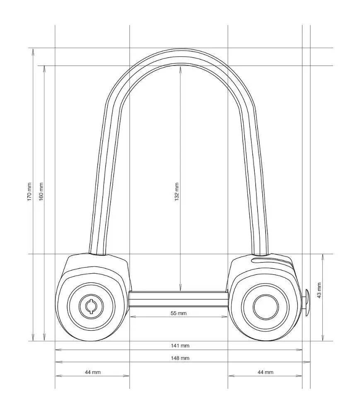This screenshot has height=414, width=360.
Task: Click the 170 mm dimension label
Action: tap(29, 192)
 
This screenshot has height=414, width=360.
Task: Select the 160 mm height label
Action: tap(41, 192)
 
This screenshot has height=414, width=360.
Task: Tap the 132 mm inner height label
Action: tap(177, 192)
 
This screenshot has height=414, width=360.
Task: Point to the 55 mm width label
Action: tap(179, 313)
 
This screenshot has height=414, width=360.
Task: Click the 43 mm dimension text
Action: tap(319, 291)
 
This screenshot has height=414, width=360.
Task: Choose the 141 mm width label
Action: tap(180, 346)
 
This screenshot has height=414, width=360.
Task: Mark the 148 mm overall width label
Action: tap(180, 358)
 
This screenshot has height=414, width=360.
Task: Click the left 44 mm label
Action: tap(93, 372)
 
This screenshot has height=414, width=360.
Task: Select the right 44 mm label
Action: tap(266, 372)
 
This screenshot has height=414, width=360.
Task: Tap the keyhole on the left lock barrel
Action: tap(91, 306)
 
